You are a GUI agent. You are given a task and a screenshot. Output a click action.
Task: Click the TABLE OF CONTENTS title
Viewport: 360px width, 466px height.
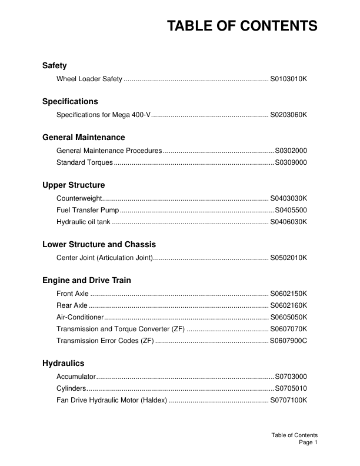point(242,26)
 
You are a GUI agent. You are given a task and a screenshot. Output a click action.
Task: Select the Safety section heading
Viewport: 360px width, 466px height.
point(54,66)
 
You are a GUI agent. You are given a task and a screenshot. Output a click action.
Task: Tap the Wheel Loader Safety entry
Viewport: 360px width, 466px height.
point(89,79)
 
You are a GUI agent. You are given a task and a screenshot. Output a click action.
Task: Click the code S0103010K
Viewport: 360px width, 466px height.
point(288,79)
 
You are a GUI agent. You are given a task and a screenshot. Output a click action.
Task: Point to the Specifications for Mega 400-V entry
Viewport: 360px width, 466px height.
point(103,115)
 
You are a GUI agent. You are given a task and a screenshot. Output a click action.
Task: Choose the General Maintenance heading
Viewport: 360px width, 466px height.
point(84,137)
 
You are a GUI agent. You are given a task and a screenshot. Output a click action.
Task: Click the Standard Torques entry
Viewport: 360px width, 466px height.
point(81,162)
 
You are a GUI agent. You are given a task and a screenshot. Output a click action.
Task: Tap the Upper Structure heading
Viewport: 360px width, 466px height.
point(74,185)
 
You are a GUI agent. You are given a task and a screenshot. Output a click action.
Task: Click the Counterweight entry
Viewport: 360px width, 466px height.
point(79,198)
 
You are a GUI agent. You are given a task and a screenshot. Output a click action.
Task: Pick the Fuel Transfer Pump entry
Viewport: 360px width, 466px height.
point(88,210)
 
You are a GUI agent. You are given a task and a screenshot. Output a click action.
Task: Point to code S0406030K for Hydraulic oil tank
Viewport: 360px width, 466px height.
point(288,222)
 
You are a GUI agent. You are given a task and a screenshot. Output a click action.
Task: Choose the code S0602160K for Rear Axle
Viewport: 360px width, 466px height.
point(288,305)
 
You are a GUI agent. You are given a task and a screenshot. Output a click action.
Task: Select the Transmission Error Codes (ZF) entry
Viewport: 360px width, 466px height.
point(105,341)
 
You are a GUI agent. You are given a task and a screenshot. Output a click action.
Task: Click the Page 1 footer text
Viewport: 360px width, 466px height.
point(308,442)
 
